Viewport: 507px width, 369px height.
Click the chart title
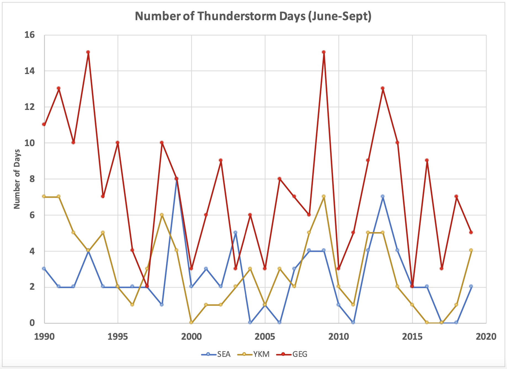(253, 16)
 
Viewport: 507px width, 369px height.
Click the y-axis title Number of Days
(17, 179)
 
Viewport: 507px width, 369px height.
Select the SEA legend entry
(223, 354)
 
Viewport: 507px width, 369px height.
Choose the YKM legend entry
(261, 354)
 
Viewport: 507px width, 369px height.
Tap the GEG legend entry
(300, 354)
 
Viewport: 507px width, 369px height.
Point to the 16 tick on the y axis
(30, 35)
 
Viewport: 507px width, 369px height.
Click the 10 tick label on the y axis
(30, 143)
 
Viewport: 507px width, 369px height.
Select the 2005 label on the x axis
(265, 336)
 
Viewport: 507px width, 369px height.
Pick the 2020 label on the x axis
(486, 336)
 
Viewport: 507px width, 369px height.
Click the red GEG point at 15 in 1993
(88, 52)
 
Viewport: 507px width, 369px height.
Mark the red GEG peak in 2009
(324, 52)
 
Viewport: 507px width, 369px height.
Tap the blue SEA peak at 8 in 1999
(176, 179)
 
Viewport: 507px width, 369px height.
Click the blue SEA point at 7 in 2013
(382, 196)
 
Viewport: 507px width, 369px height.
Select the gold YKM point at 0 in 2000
(191, 322)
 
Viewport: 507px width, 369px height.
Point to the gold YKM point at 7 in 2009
(324, 196)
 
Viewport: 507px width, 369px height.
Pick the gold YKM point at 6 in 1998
(162, 215)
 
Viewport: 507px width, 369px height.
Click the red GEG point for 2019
(471, 232)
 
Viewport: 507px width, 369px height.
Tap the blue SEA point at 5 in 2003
(235, 232)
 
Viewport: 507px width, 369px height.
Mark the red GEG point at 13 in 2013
(382, 88)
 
